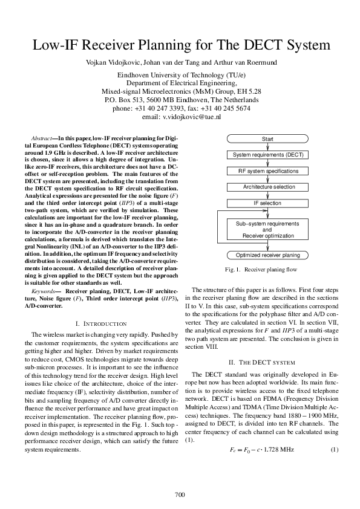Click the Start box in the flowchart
point(267,139)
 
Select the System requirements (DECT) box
point(267,155)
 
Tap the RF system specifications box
point(267,171)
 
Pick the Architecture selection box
point(267,187)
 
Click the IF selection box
point(267,203)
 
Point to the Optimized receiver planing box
point(267,255)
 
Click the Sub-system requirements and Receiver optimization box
point(267,230)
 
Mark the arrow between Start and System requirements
point(267,147)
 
